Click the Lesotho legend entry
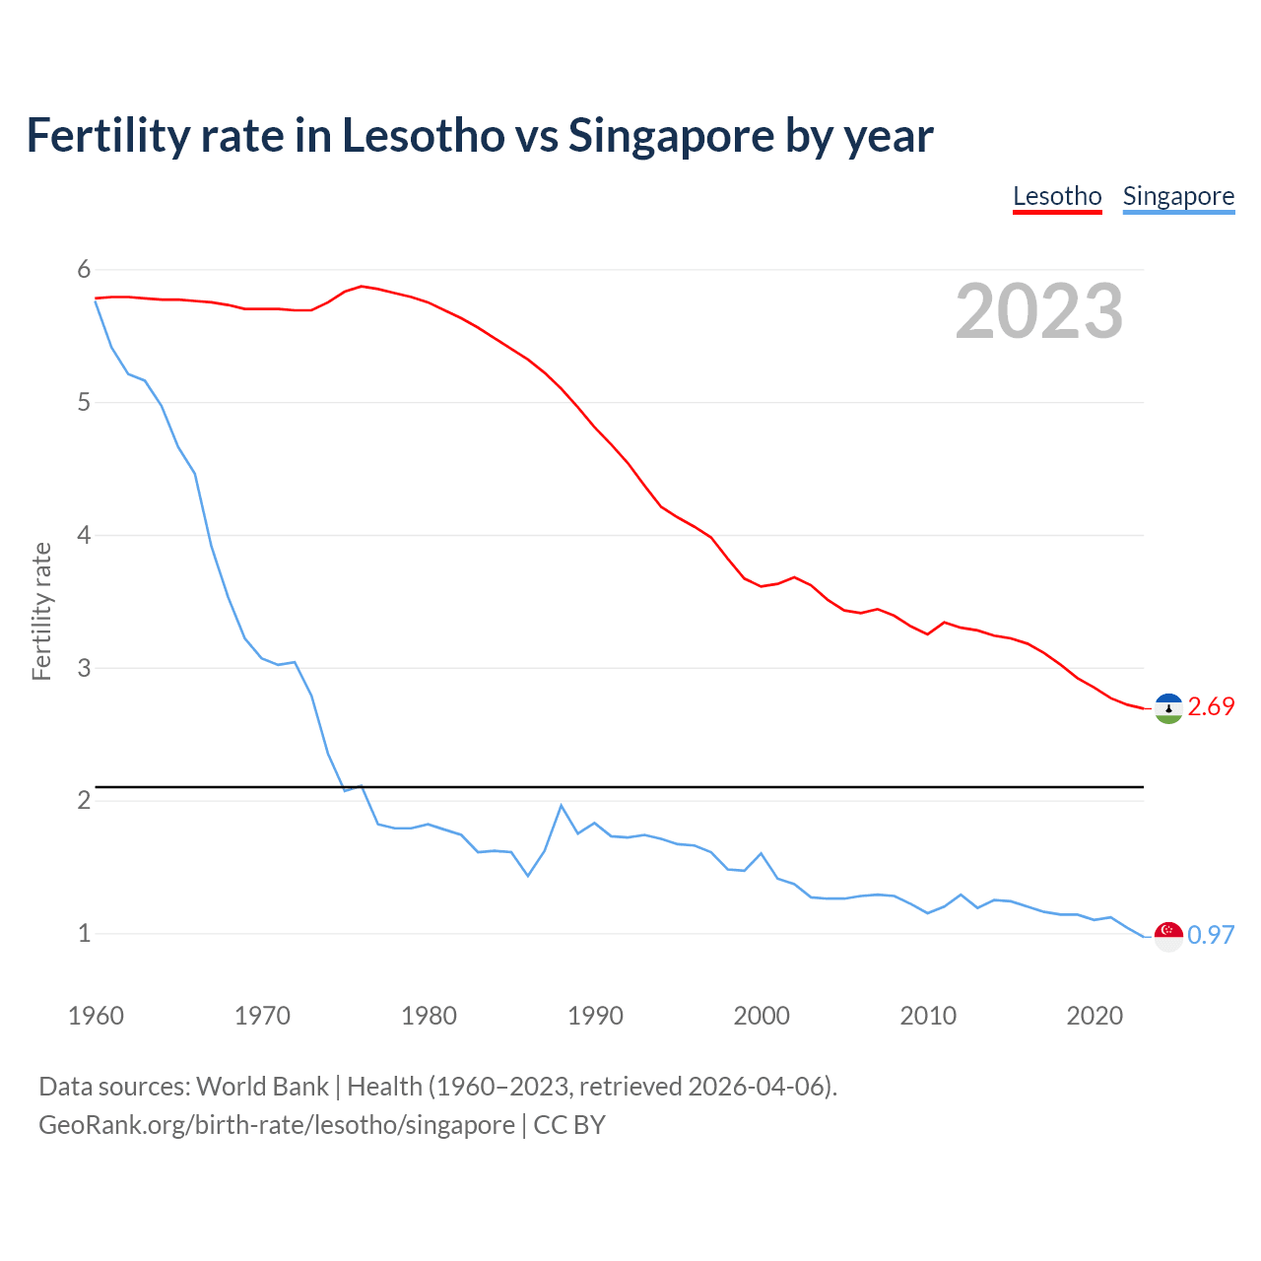pyautogui.click(x=1057, y=196)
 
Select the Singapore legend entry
pyautogui.click(x=1178, y=196)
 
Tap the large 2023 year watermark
pyautogui.click(x=1039, y=311)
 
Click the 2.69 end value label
pyautogui.click(x=1211, y=707)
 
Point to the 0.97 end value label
pyautogui.click(x=1211, y=935)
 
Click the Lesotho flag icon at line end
pyautogui.click(x=1168, y=708)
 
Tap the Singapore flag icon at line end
pyautogui.click(x=1168, y=936)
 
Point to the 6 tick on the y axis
pyautogui.click(x=84, y=270)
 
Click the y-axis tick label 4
pyautogui.click(x=84, y=536)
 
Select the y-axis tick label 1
pyautogui.click(x=84, y=934)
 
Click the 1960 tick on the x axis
pyautogui.click(x=96, y=1016)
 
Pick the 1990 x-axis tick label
pyautogui.click(x=595, y=1016)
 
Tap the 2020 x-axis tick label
pyautogui.click(x=1095, y=1016)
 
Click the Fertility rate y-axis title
pyautogui.click(x=41, y=611)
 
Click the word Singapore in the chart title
pyautogui.click(x=671, y=136)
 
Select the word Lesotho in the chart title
pyautogui.click(x=423, y=136)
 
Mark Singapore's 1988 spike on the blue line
pyautogui.click(x=562, y=806)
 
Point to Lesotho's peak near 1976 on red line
pyautogui.click(x=362, y=286)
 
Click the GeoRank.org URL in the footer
pyautogui.click(x=277, y=1125)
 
